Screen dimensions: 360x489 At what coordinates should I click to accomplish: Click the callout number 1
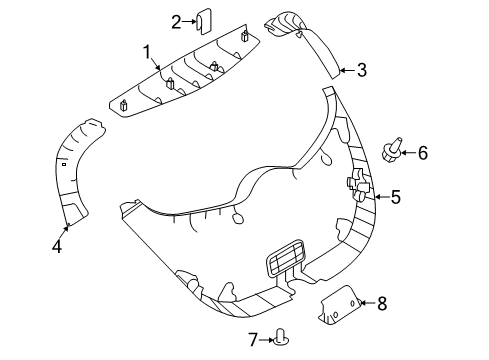[146, 51]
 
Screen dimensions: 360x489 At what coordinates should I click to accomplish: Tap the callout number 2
[176, 21]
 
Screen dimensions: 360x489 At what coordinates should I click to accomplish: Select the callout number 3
[362, 70]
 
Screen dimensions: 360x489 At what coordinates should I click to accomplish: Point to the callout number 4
[58, 243]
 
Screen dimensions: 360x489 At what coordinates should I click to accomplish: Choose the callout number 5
[395, 198]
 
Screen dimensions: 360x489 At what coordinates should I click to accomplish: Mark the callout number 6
[422, 153]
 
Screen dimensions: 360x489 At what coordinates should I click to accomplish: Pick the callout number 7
[253, 341]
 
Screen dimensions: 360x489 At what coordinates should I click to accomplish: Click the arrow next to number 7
[267, 341]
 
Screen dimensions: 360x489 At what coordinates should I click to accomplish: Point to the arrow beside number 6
[408, 153]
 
